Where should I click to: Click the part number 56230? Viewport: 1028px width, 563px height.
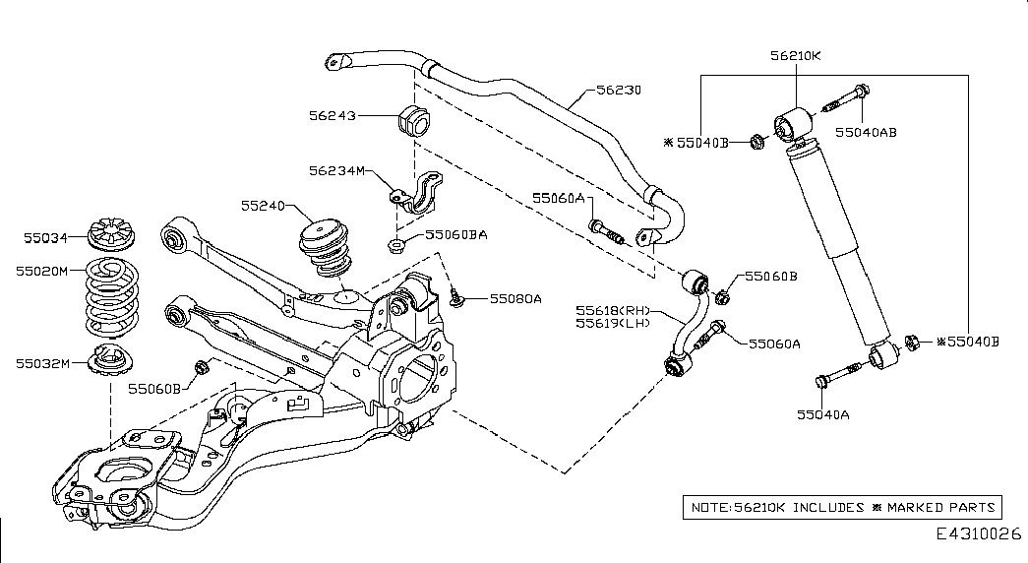[x=620, y=90]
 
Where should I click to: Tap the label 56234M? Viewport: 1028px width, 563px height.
[x=335, y=171]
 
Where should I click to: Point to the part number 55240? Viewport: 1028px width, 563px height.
[x=262, y=206]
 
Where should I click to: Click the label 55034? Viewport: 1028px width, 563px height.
[x=46, y=237]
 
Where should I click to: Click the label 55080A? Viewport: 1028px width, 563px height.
[x=516, y=296]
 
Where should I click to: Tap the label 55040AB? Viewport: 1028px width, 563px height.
[x=866, y=130]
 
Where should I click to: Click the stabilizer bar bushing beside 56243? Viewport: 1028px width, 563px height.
[x=414, y=122]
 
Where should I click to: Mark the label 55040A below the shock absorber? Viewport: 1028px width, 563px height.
[x=822, y=413]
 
